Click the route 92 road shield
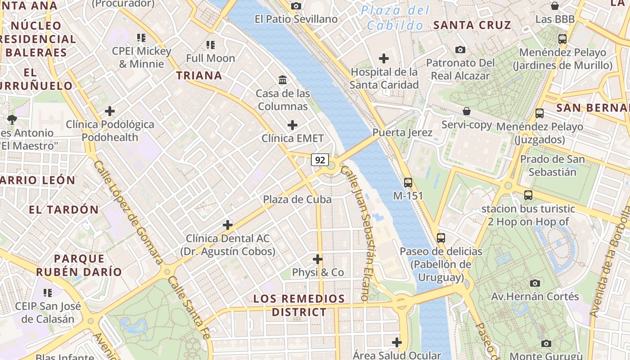coord(320,160)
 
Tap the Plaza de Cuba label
coord(297,199)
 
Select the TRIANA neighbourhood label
coord(199,75)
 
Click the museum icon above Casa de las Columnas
coord(283,80)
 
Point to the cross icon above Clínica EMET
coord(292,125)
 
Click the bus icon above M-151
coord(408,182)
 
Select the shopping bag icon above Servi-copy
coord(467,111)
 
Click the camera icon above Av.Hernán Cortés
coord(535,283)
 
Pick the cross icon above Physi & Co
coord(318,259)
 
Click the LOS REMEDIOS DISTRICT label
coord(299,305)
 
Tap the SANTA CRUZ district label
coord(472,25)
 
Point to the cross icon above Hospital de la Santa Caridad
coord(384,58)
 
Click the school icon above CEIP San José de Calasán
coord(48,293)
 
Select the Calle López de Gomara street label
coord(128,212)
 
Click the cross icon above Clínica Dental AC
coord(228,225)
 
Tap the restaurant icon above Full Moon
coord(210,45)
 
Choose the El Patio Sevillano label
coord(296,19)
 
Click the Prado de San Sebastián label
coord(552,166)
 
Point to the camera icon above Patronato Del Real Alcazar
coord(460,49)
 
